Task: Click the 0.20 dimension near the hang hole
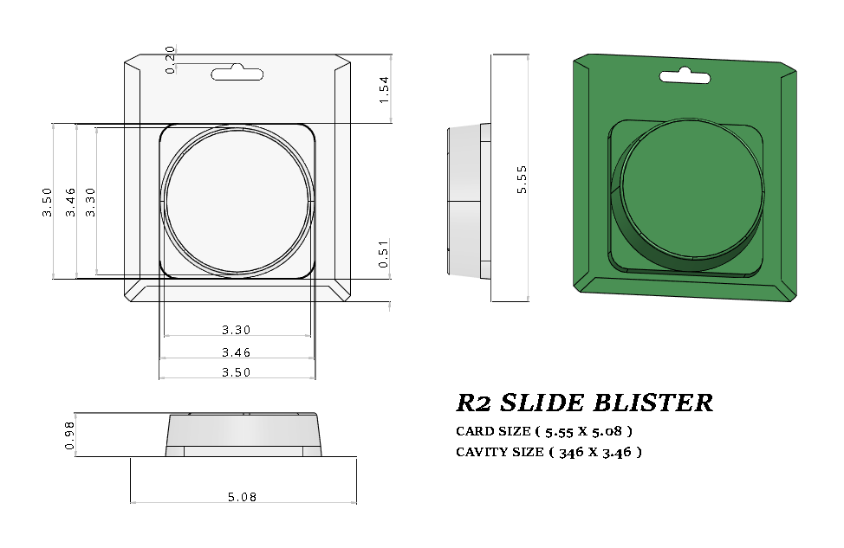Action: [170, 60]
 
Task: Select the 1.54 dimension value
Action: [385, 90]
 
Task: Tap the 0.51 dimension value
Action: [385, 257]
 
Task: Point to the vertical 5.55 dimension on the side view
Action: [522, 179]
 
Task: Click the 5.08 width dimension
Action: [242, 497]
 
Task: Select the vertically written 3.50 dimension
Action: [48, 202]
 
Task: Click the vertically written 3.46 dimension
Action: [70, 202]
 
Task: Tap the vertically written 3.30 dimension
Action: [91, 202]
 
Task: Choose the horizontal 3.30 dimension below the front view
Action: [237, 330]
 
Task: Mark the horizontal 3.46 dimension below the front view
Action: [237, 352]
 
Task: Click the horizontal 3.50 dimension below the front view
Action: [237, 372]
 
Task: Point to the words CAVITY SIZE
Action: [498, 452]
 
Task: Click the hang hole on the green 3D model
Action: [685, 77]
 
